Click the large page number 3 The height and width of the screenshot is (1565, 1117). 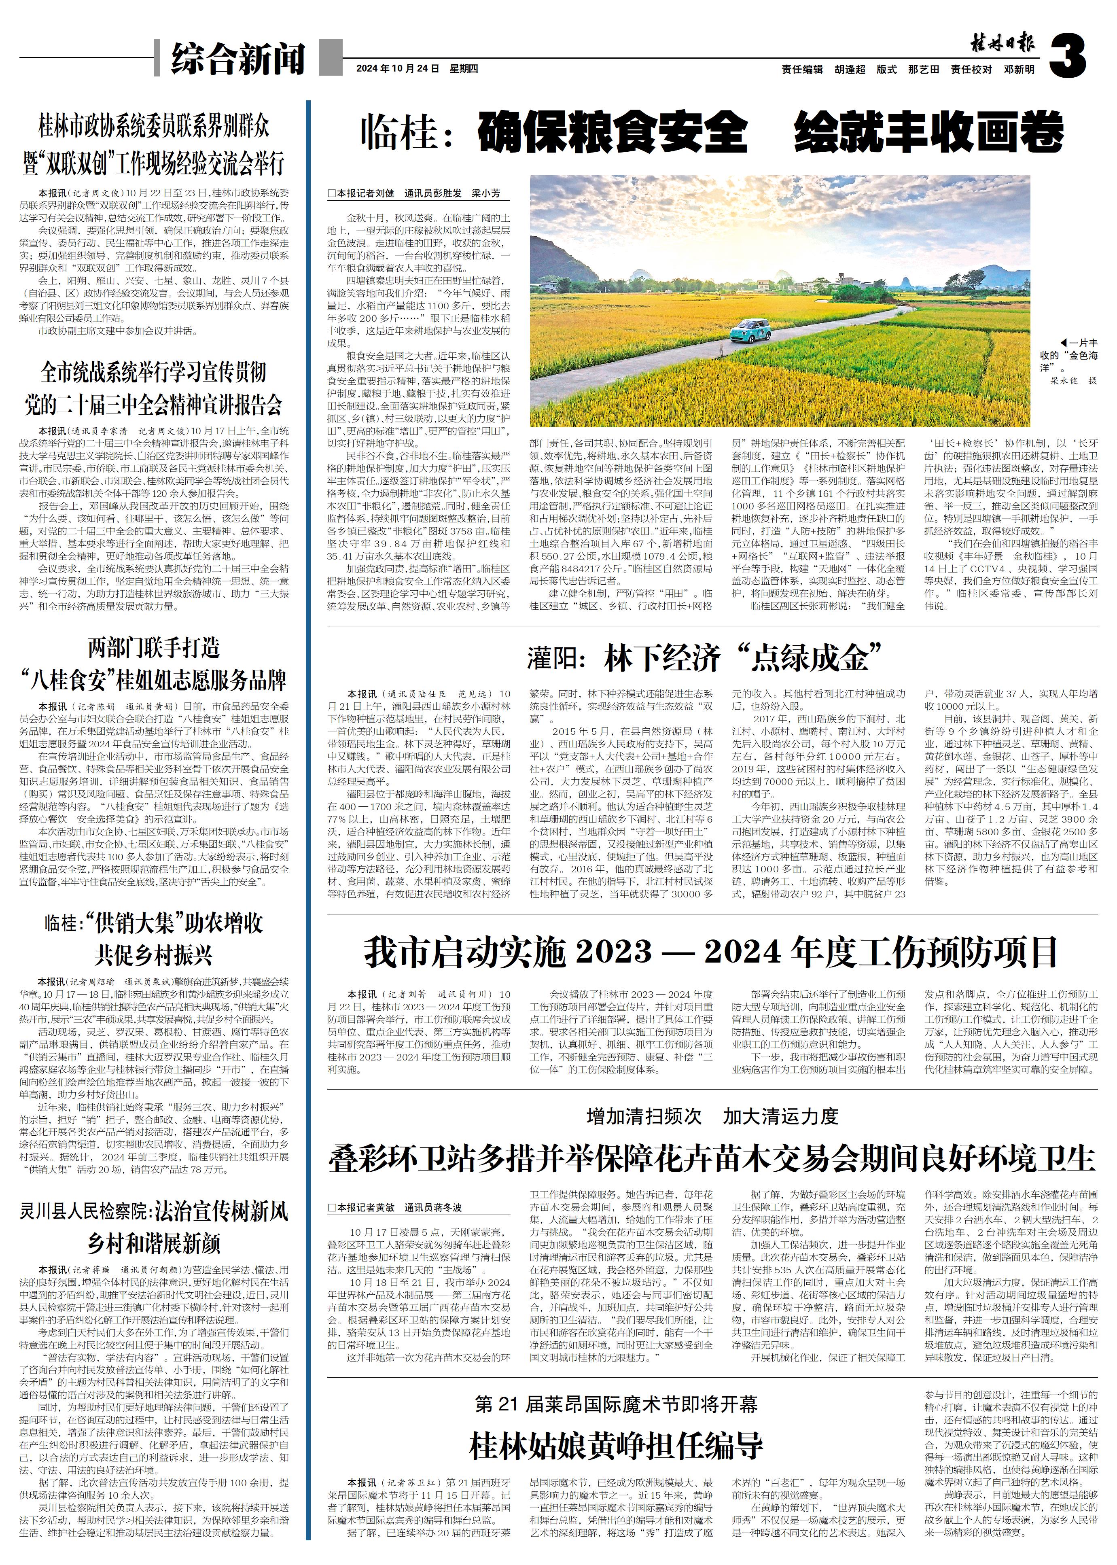(x=1068, y=56)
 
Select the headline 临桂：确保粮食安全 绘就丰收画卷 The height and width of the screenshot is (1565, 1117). (x=712, y=133)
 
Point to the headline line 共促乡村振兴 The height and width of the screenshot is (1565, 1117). (x=154, y=955)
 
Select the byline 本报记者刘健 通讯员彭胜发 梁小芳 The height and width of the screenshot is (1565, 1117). (x=414, y=194)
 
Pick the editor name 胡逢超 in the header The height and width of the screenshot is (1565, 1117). (x=850, y=70)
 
